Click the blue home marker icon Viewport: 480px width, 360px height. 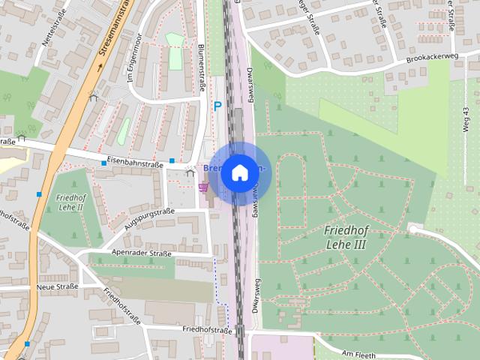tap(239, 172)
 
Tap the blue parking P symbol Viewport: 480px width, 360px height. tap(217, 106)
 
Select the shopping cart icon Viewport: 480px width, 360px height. tap(202, 187)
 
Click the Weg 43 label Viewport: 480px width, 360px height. tap(466, 121)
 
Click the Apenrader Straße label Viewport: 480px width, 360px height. tap(141, 253)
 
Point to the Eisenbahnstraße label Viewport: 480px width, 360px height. tap(135, 159)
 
